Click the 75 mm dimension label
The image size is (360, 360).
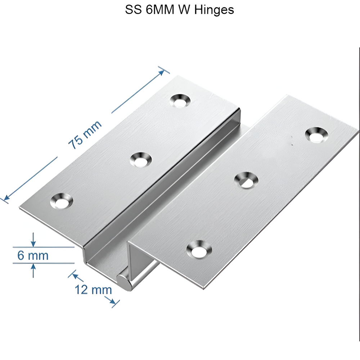tap(85, 135)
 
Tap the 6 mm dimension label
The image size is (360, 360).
tap(33, 256)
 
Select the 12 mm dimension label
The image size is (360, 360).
tap(93, 289)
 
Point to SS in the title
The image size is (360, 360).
tap(132, 10)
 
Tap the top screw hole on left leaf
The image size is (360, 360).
tap(180, 101)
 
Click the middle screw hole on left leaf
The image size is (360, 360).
tap(141, 159)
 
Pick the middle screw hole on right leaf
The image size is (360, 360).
tap(246, 180)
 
